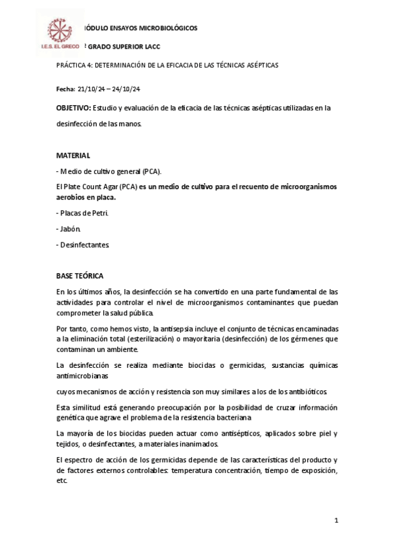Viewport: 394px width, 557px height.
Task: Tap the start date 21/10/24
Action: (91, 89)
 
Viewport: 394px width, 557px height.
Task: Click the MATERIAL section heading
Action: (73, 155)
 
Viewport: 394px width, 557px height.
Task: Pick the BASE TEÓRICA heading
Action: (80, 276)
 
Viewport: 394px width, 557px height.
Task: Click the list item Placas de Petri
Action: (83, 213)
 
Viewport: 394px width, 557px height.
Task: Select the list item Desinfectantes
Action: (84, 244)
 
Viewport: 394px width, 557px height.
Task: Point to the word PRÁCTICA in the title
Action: (73, 66)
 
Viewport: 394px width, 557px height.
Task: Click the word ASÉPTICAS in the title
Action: (259, 66)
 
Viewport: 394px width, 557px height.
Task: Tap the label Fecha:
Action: (66, 89)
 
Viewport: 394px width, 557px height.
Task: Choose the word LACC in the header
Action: (150, 48)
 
